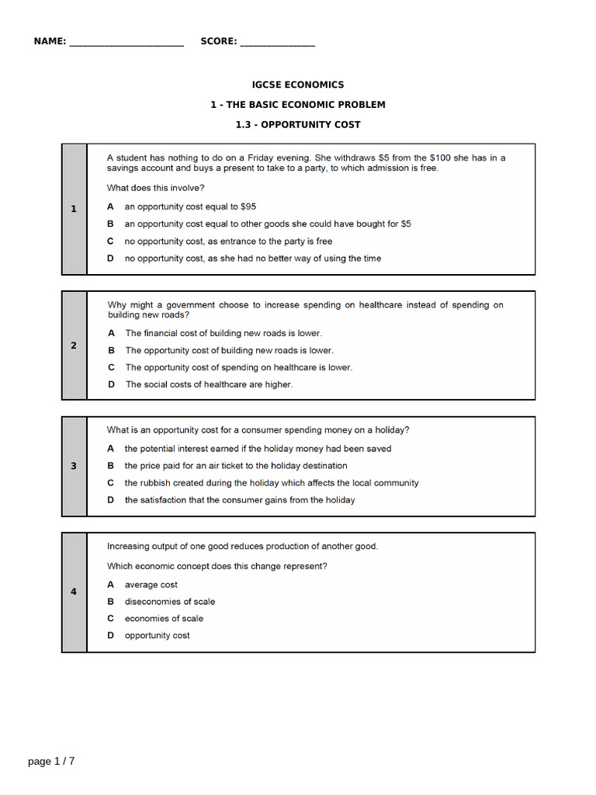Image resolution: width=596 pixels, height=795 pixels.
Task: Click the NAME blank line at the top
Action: click(x=126, y=43)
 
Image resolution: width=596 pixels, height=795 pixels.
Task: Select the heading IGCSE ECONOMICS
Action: click(x=298, y=85)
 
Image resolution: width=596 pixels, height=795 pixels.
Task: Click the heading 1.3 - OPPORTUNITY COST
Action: click(x=298, y=124)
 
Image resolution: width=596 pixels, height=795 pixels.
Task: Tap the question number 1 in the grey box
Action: click(x=74, y=209)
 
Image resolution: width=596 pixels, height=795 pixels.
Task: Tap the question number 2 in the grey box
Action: click(x=74, y=345)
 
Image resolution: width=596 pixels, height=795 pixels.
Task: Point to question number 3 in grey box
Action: click(x=74, y=466)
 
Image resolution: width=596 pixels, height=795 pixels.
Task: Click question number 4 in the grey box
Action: click(x=74, y=592)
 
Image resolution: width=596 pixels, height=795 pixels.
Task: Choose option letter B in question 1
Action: click(x=111, y=224)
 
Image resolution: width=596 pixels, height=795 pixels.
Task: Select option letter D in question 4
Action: click(x=111, y=635)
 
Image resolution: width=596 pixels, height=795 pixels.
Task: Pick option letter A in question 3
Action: click(x=111, y=449)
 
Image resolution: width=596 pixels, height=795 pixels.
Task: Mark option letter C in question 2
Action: click(x=111, y=367)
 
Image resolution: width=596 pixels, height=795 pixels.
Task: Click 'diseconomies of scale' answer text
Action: click(x=170, y=602)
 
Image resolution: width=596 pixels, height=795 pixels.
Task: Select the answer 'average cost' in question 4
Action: click(x=151, y=585)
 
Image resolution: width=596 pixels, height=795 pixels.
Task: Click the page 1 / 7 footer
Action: click(x=51, y=761)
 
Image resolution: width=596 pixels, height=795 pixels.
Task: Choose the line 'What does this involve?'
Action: click(x=156, y=188)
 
